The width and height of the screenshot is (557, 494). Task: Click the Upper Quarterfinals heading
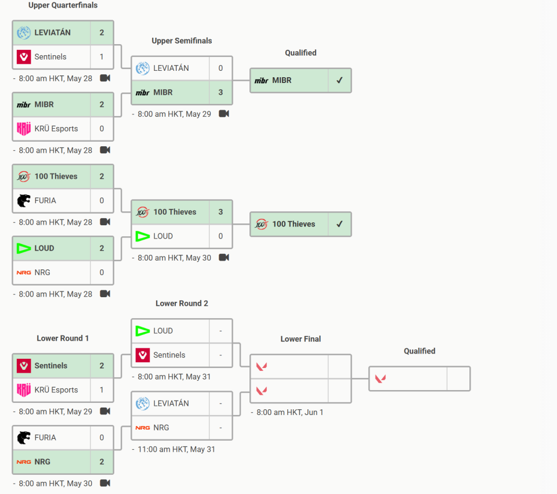63,5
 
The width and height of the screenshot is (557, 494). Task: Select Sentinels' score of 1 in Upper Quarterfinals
102,57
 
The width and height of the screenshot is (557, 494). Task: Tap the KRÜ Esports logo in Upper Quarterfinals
24,129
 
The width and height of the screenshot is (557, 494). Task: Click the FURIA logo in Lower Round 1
24,438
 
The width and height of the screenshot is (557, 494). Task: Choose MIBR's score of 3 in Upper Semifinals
220,92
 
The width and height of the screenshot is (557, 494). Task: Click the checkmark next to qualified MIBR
339,80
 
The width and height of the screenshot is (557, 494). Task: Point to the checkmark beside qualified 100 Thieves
339,224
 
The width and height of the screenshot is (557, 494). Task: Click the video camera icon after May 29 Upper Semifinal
224,114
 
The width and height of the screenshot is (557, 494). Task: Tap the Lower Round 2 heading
182,304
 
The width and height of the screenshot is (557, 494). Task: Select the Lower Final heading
301,339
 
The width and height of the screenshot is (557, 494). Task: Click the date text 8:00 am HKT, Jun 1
290,412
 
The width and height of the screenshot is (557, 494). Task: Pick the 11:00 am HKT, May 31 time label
176,449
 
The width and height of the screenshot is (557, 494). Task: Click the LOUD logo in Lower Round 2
143,331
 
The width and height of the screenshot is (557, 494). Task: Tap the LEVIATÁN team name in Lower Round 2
171,403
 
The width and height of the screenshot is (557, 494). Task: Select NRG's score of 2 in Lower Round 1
102,461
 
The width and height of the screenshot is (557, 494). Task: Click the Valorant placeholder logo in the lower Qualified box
381,379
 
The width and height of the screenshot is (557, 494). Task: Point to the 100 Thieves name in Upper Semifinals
175,212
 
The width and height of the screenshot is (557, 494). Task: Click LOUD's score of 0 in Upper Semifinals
220,236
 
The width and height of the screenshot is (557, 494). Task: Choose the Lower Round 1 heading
63,338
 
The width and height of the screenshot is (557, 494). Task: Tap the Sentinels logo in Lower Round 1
24,366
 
